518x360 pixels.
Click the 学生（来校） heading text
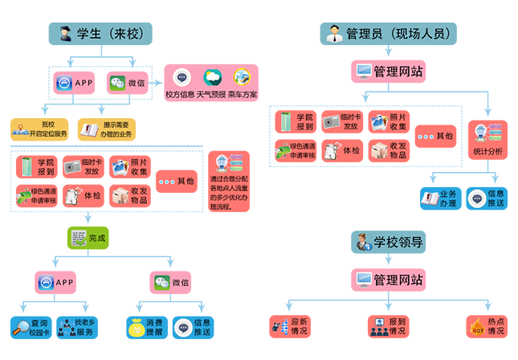[109, 35]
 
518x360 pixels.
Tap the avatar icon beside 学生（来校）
[64, 34]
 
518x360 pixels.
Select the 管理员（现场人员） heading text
[398, 35]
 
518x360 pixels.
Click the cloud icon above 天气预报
[212, 78]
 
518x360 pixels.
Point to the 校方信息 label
[181, 95]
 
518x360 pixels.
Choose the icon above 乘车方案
[242, 78]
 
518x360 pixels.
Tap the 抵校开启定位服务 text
[47, 129]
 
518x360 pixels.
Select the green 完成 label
[97, 238]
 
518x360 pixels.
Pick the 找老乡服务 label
[88, 327]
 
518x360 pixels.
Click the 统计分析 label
[487, 151]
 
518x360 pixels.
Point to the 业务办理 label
[447, 198]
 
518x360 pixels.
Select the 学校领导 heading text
[398, 242]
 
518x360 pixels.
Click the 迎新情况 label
[299, 327]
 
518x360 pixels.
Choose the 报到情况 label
[397, 327]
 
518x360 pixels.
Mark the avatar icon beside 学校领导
[363, 242]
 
